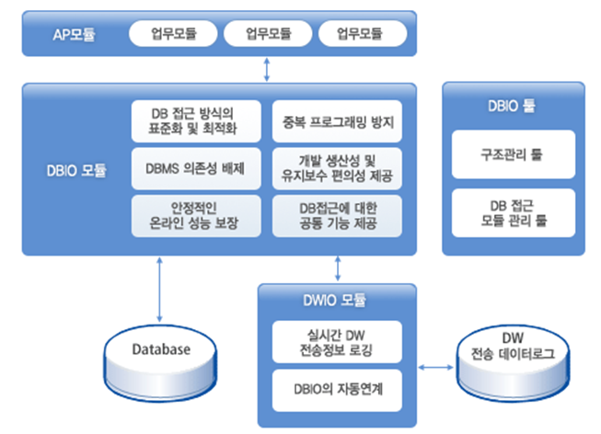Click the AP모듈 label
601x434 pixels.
[x=70, y=35]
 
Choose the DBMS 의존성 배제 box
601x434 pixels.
[x=195, y=168]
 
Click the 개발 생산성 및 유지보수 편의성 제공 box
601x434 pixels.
[x=338, y=168]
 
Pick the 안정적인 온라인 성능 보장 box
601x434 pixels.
[x=195, y=216]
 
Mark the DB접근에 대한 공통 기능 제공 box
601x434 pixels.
[x=338, y=216]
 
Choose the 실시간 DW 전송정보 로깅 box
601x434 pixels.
[x=337, y=342]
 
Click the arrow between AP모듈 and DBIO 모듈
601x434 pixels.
[x=267, y=67]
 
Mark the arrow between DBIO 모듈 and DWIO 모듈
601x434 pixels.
[x=338, y=268]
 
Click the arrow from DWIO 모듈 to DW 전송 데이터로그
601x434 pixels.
[x=433, y=368]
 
